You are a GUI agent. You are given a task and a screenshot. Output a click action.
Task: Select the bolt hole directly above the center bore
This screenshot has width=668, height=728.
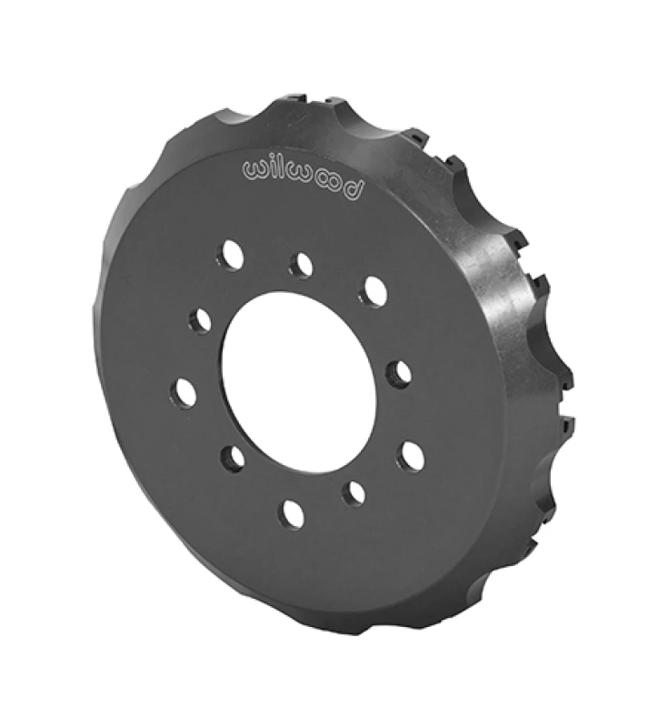tap(301, 265)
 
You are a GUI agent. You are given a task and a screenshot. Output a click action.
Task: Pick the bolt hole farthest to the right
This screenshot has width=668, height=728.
tap(412, 454)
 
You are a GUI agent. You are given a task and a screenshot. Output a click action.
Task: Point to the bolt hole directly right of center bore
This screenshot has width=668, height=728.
tap(396, 371)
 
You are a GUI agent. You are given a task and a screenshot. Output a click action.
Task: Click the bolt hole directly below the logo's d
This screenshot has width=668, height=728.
tap(372, 292)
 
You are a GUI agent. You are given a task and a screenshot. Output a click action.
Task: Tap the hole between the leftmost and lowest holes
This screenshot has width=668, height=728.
tap(234, 456)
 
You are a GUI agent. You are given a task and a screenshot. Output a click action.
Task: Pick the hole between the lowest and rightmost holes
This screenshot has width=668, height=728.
tap(354, 492)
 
